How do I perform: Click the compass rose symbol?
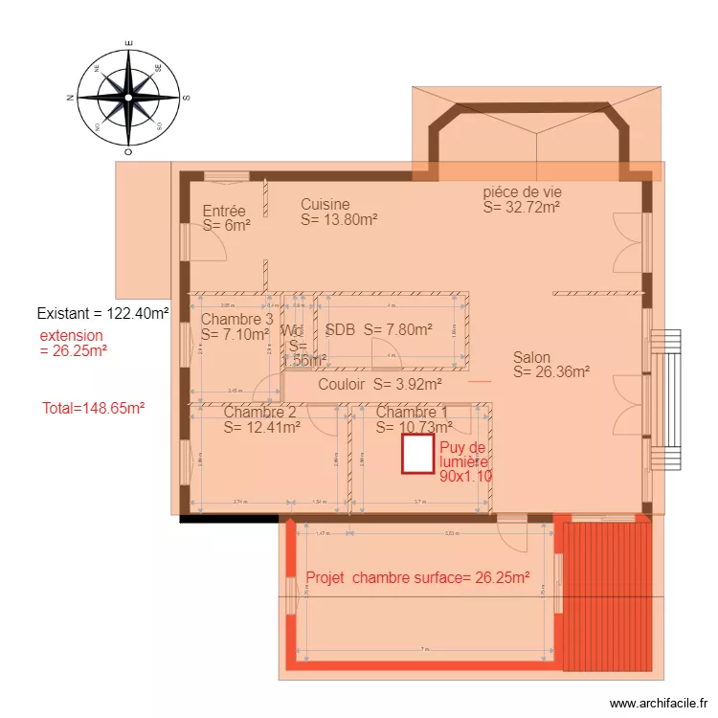click(128, 98)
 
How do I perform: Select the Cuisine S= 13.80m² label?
click(338, 212)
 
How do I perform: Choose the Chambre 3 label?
click(236, 327)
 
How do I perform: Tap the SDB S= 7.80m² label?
click(378, 329)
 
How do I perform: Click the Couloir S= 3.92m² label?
click(379, 385)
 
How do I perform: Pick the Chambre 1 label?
click(414, 419)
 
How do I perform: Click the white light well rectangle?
click(417, 454)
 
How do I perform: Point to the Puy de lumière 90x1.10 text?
click(465, 460)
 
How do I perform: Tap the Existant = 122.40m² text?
click(102, 313)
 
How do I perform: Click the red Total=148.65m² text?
click(93, 408)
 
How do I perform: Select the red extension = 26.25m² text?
click(73, 343)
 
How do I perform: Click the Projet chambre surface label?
click(417, 578)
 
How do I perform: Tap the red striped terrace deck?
click(602, 594)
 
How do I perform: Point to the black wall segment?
click(230, 519)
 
